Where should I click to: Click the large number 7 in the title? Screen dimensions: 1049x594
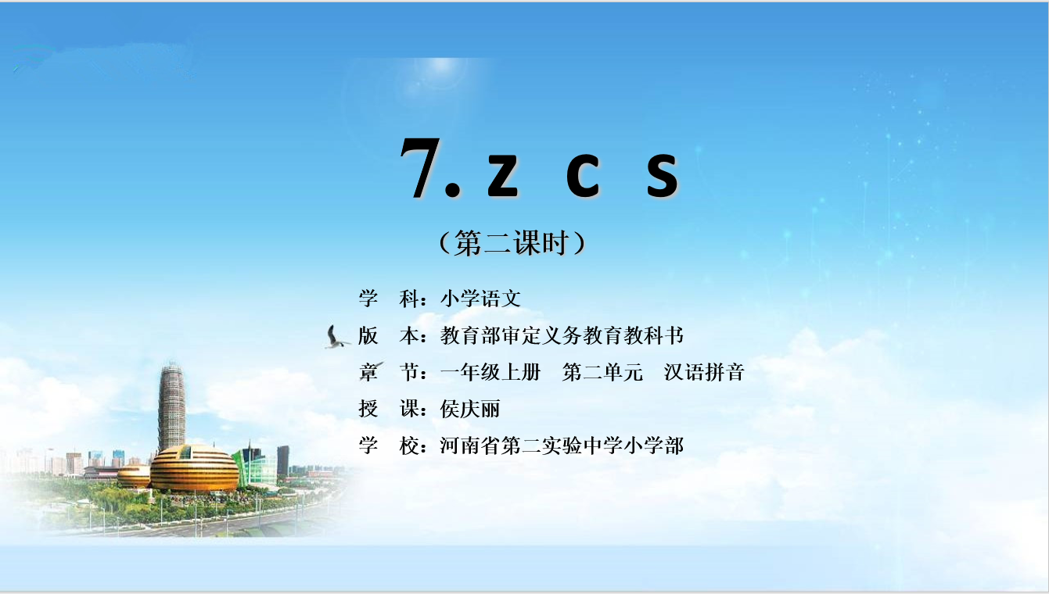click(422, 167)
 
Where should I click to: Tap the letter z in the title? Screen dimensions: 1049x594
click(502, 174)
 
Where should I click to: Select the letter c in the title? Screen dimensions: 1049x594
click(583, 174)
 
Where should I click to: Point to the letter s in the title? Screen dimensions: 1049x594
click(663, 174)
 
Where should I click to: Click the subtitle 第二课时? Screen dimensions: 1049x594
click(513, 243)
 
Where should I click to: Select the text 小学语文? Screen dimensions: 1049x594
click(480, 299)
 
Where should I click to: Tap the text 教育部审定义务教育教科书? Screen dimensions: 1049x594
click(562, 335)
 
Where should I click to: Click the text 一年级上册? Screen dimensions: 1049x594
click(490, 372)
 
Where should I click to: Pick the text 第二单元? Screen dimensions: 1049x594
click(602, 372)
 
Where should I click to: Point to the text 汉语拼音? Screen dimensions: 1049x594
click(704, 372)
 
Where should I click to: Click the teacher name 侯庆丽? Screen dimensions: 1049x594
click(470, 409)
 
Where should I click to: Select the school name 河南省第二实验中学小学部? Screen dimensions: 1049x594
click(562, 445)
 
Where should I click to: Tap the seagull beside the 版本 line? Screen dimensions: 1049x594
click(336, 337)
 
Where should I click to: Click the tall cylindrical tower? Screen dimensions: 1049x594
click(172, 407)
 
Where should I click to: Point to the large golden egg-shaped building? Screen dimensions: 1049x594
click(195, 468)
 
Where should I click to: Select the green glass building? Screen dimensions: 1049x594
click(255, 466)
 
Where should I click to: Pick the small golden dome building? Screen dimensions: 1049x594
click(134, 477)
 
